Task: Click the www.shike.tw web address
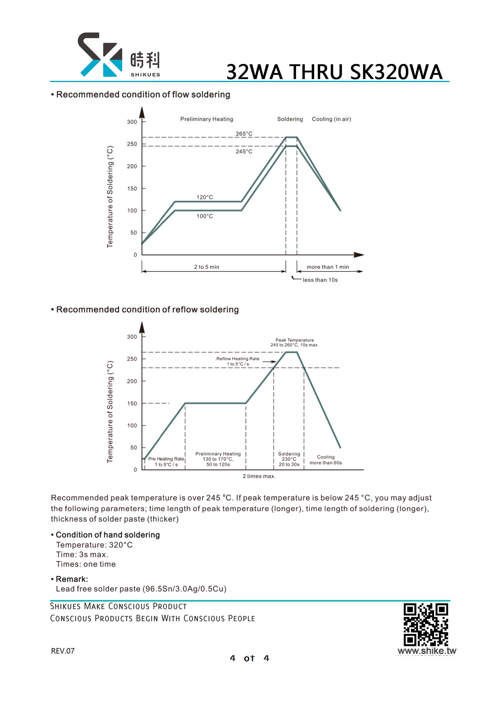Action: point(427,651)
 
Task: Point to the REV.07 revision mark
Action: point(63,651)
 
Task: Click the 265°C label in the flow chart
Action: point(244,134)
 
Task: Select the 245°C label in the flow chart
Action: point(244,152)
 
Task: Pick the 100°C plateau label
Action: point(205,216)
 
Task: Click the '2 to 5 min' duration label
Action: point(207,267)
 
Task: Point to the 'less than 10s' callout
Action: point(320,280)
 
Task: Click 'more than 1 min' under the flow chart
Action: point(328,267)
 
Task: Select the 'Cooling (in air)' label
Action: point(331,119)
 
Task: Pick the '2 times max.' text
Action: point(259,476)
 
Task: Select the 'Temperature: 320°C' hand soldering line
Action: point(94,545)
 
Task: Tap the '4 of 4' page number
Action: point(249,658)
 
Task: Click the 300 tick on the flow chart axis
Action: point(132,122)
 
